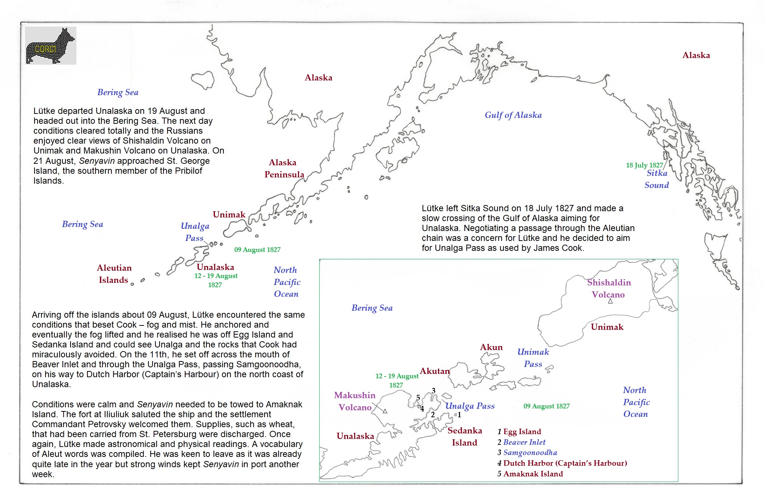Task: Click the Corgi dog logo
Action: (51, 46)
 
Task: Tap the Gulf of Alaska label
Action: (513, 115)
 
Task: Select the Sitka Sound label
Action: (657, 179)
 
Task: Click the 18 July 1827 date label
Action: (644, 165)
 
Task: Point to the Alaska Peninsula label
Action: (284, 168)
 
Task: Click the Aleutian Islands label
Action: (114, 274)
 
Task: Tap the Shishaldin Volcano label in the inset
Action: (608, 288)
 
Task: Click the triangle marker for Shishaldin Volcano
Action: (610, 301)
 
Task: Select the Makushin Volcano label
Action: (355, 401)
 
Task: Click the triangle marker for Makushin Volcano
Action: (385, 411)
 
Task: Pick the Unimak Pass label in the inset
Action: (533, 358)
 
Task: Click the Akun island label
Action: (491, 347)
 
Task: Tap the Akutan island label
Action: (435, 371)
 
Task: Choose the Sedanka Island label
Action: (464, 436)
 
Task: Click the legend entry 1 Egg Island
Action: (519, 432)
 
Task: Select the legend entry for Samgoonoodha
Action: (527, 453)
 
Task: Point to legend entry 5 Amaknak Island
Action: (530, 474)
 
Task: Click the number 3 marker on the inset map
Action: (434, 391)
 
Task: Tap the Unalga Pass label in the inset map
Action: (470, 406)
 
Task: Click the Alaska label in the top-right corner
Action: (696, 55)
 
